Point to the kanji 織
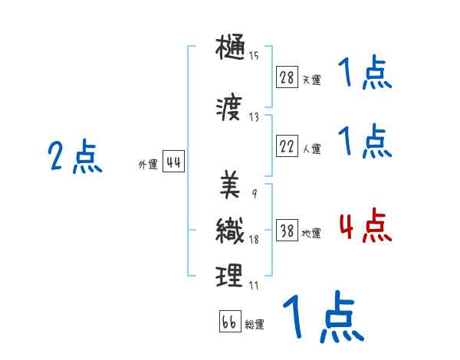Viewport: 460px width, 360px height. coord(230,231)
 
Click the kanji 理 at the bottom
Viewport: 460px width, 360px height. coord(230,275)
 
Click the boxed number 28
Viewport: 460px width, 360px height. coord(287,77)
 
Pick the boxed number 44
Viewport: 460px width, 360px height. coord(172,162)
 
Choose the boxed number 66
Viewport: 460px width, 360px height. coord(229,322)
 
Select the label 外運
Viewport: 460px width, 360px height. coord(147,165)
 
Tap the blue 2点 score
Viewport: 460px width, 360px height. coord(75,158)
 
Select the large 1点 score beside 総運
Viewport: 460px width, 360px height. coord(322,316)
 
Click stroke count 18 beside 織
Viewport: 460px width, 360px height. coord(254,240)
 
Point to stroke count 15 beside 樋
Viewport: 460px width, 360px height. coord(254,55)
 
